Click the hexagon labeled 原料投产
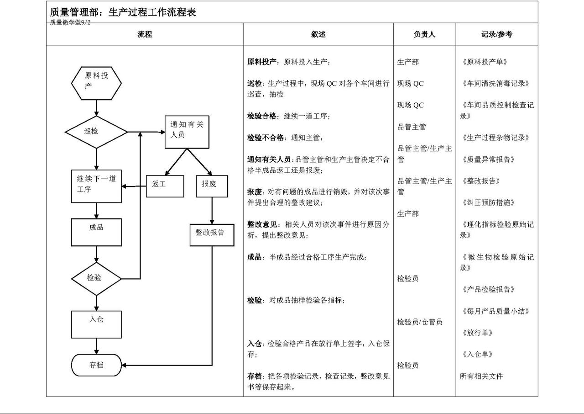(x=96, y=83)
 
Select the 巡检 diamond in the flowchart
(x=96, y=132)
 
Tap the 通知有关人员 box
(x=187, y=132)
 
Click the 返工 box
(x=165, y=186)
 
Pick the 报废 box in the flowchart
(x=212, y=186)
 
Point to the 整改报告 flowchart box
(x=212, y=235)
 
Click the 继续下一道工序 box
(x=96, y=186)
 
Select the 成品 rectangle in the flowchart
(x=96, y=232)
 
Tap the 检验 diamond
(x=96, y=279)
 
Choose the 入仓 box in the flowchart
(x=96, y=324)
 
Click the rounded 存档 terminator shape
(x=96, y=365)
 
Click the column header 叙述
(x=318, y=34)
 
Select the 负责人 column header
(x=424, y=34)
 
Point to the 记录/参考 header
(x=497, y=34)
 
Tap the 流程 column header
(x=145, y=34)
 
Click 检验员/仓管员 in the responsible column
(x=420, y=322)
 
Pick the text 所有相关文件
(x=481, y=376)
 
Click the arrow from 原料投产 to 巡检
(x=96, y=108)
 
